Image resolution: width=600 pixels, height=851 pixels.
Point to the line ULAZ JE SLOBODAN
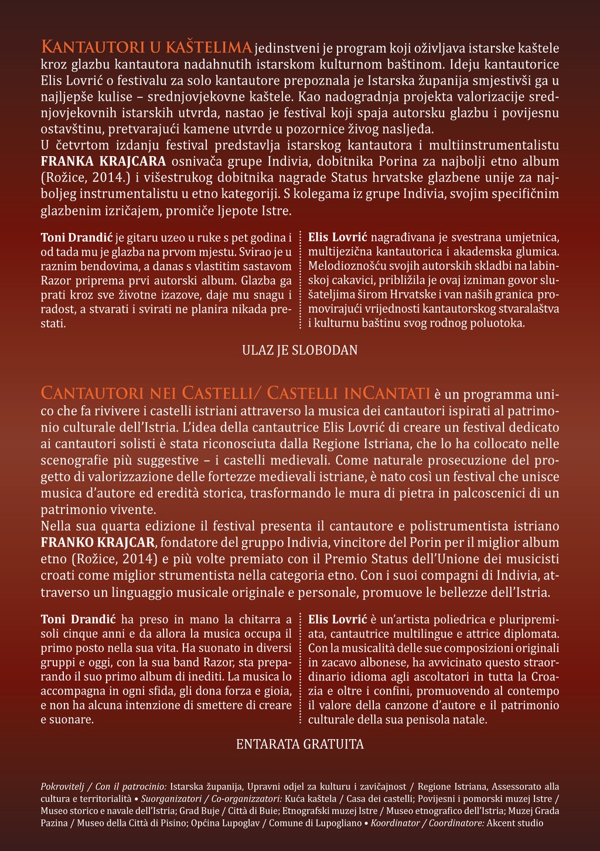pos(300,350)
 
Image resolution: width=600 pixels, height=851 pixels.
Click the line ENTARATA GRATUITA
pos(300,744)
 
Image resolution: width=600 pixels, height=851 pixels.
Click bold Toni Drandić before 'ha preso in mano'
pos(79,618)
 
